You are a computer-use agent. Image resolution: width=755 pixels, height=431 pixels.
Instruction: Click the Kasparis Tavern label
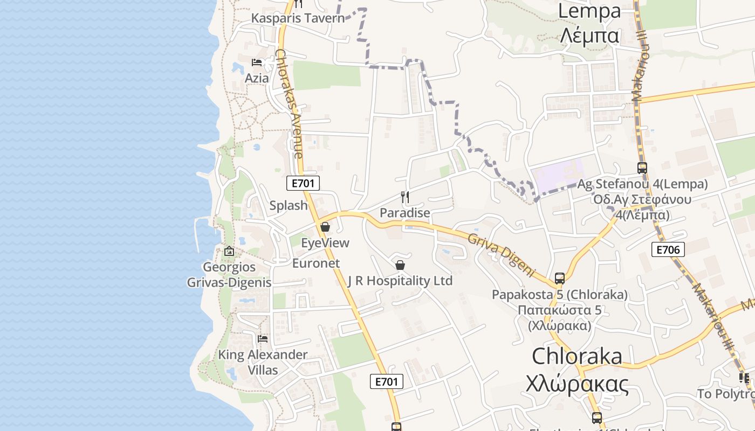pyautogui.click(x=298, y=18)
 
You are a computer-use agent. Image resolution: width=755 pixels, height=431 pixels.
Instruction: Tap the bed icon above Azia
pyautogui.click(x=257, y=62)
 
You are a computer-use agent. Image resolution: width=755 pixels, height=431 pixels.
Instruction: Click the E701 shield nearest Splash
pyautogui.click(x=303, y=183)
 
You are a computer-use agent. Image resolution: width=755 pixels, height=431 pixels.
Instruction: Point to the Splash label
pyautogui.click(x=289, y=205)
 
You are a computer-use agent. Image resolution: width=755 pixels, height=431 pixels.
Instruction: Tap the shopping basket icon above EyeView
pyautogui.click(x=325, y=227)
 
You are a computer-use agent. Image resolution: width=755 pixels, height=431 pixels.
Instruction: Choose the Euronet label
pyautogui.click(x=316, y=263)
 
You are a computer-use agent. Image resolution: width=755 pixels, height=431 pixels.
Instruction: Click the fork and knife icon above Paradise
pyautogui.click(x=406, y=197)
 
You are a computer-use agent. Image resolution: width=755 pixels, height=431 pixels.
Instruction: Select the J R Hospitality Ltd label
pyautogui.click(x=400, y=281)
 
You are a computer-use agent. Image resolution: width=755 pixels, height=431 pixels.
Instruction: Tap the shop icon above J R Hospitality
pyautogui.click(x=400, y=265)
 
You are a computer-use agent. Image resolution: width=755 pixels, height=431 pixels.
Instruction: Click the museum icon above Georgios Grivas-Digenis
pyautogui.click(x=229, y=251)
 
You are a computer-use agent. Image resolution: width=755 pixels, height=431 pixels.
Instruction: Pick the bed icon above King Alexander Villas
pyautogui.click(x=263, y=339)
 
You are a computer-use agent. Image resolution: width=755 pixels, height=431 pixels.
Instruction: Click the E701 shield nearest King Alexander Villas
pyautogui.click(x=387, y=381)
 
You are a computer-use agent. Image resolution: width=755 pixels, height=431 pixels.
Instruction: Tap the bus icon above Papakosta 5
pyautogui.click(x=560, y=279)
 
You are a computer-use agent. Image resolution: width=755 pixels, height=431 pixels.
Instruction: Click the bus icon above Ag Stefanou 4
pyautogui.click(x=642, y=168)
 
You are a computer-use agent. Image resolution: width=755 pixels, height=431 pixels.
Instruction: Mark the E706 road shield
pyautogui.click(x=668, y=249)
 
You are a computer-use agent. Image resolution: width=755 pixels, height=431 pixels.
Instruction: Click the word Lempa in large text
pyautogui.click(x=589, y=11)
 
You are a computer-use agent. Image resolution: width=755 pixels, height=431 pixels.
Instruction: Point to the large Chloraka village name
pyautogui.click(x=577, y=356)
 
